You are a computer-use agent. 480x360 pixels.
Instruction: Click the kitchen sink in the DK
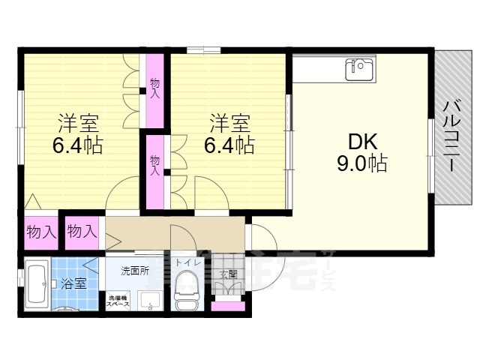pyautogui.click(x=359, y=69)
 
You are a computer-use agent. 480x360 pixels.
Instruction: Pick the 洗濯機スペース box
pyautogui.click(x=117, y=301)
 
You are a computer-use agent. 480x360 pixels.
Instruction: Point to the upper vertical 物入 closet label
pyautogui.click(x=155, y=88)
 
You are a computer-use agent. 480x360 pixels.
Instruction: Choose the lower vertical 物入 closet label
pyautogui.click(x=155, y=165)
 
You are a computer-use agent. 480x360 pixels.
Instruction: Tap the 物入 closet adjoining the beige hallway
pyautogui.click(x=82, y=232)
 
